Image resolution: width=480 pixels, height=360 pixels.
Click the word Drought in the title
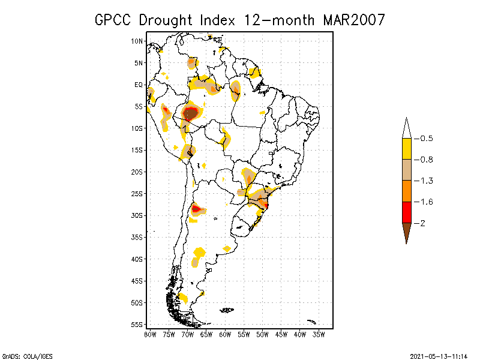coord(166,20)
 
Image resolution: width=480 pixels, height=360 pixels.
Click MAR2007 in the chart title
coord(354,20)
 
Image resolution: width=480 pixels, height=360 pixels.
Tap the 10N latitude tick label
coord(137,41)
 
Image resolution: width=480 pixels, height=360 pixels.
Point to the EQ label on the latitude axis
coord(139,85)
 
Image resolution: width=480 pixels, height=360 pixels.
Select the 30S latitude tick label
coord(137,215)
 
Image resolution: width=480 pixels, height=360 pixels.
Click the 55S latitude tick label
coord(137,325)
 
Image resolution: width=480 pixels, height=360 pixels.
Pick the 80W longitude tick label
coord(150,335)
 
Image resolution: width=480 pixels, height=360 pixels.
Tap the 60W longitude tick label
coord(225,335)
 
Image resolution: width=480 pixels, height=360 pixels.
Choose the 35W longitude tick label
coord(319,335)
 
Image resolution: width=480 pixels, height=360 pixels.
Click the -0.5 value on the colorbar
coord(424,139)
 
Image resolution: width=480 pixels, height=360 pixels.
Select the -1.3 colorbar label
coord(424,181)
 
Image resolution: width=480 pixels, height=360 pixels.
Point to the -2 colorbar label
coord(419,223)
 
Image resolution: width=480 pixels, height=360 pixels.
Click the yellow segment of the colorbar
coord(407,149)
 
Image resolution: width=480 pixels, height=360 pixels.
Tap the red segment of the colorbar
coord(407,212)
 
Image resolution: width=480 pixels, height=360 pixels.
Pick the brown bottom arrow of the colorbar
coord(407,232)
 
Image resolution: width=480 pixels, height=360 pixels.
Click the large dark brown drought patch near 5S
coord(190,114)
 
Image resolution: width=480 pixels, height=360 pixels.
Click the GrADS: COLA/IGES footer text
coord(28,356)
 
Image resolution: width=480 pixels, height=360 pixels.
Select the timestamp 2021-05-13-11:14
coord(439,356)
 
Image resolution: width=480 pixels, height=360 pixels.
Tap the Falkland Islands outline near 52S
coord(227,310)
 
